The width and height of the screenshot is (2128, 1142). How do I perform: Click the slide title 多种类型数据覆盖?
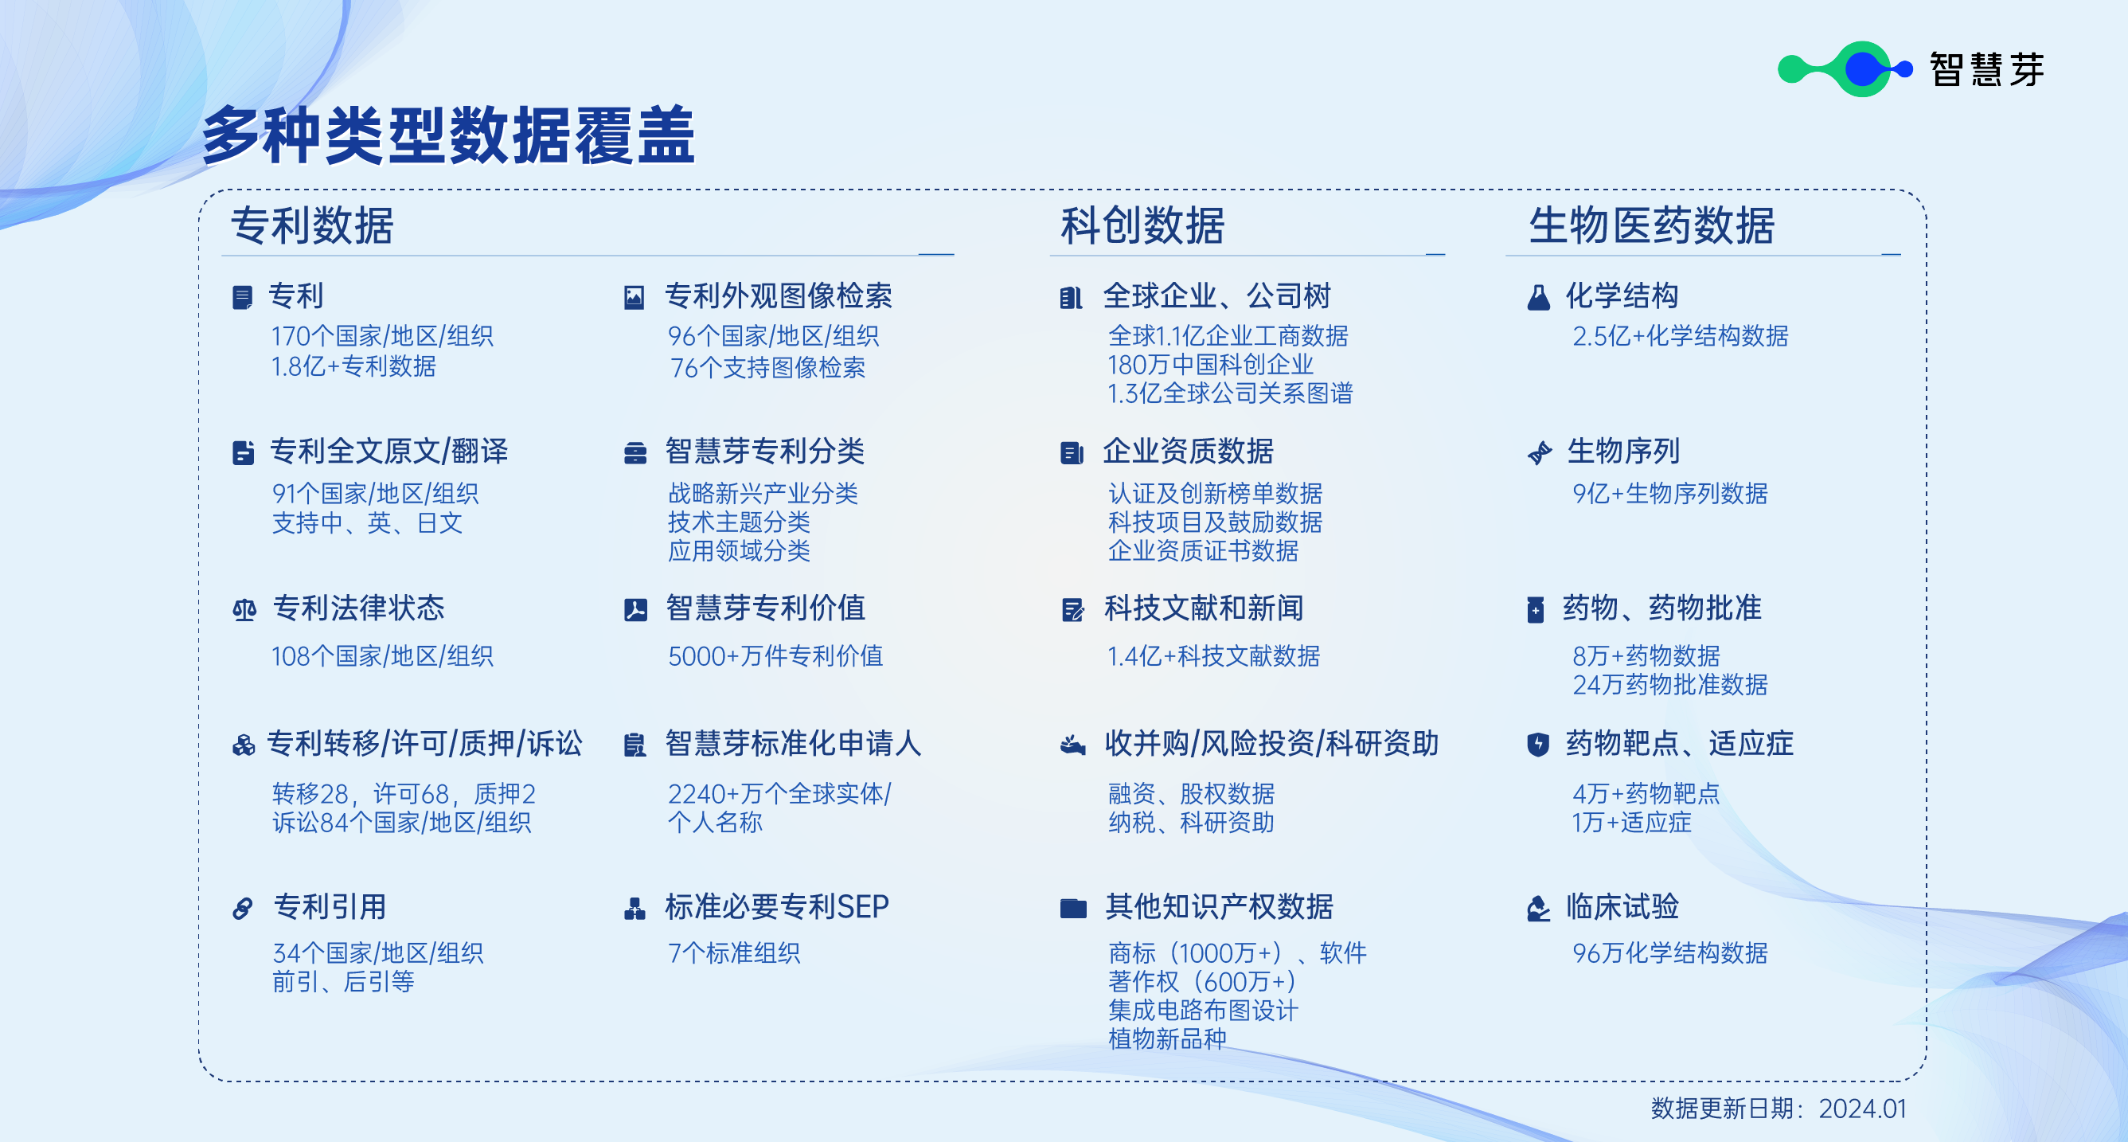[x=448, y=135]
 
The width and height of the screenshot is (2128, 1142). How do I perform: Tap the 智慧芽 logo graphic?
[x=1845, y=68]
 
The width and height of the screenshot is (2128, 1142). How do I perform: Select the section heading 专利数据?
[x=312, y=225]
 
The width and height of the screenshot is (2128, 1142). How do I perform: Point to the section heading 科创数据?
[x=1142, y=225]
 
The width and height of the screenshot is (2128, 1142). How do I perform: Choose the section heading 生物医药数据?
[x=1652, y=225]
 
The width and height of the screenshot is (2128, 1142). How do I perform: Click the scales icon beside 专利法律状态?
[x=244, y=611]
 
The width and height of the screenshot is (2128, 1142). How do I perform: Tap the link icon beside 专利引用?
[x=243, y=909]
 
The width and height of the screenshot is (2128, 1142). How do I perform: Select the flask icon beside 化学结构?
[x=1538, y=298]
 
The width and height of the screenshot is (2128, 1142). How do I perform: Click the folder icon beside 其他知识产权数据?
[x=1073, y=909]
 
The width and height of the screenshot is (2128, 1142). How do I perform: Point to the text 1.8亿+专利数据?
[x=353, y=366]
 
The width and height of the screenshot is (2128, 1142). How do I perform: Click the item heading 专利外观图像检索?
[x=778, y=295]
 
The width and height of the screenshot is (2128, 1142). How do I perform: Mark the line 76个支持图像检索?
[x=767, y=368]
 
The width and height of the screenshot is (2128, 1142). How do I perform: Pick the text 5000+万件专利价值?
[x=775, y=656]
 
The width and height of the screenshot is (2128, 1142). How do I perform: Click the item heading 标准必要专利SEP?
[x=776, y=906]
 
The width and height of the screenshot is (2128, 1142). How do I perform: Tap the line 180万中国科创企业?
[x=1210, y=365]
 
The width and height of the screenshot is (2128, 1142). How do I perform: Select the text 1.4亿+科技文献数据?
[x=1213, y=656]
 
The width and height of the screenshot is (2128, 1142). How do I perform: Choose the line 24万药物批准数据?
[x=1669, y=684]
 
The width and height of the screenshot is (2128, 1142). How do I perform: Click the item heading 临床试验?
[x=1622, y=906]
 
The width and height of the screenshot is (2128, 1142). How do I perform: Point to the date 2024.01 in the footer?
[x=1863, y=1108]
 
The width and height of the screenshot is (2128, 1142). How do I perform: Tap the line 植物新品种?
[x=1167, y=1038]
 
